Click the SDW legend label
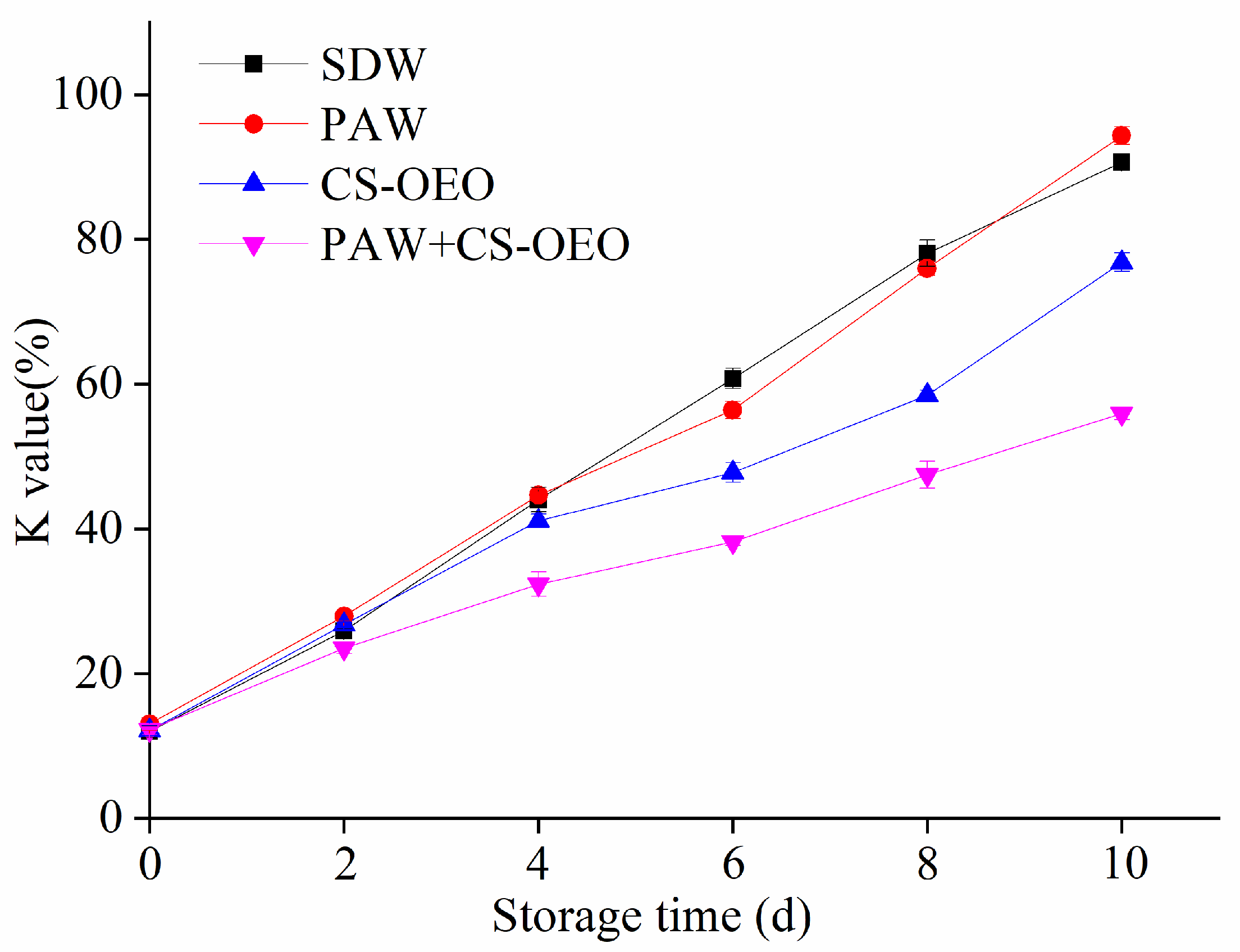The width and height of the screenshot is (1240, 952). [373, 65]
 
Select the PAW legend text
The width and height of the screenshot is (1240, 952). [373, 124]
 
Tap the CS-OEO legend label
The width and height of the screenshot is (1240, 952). [407, 185]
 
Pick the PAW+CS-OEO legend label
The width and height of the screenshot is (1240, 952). [475, 245]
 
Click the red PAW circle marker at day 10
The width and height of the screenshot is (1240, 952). [1121, 135]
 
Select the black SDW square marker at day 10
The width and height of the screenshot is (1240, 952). [1121, 163]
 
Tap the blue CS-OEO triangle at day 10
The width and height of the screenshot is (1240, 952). [1121, 261]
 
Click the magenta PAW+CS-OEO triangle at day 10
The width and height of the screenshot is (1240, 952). [1121, 415]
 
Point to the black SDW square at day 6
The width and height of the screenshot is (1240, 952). [732, 378]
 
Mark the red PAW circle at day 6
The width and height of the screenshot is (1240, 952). [732, 409]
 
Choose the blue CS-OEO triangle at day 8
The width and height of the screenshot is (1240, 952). [927, 393]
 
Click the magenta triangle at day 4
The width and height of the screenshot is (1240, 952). [538, 584]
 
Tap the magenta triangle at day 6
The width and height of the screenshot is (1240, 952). [732, 543]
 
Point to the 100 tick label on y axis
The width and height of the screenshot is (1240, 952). [88, 94]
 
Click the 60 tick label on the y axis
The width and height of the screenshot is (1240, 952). [99, 384]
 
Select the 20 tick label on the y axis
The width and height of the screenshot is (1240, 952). [99, 674]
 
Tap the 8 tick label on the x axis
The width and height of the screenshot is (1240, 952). [927, 865]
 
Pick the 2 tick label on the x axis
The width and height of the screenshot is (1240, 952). [344, 865]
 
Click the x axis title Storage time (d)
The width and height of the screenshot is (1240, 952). [651, 917]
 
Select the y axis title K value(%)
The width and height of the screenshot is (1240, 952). [34, 432]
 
